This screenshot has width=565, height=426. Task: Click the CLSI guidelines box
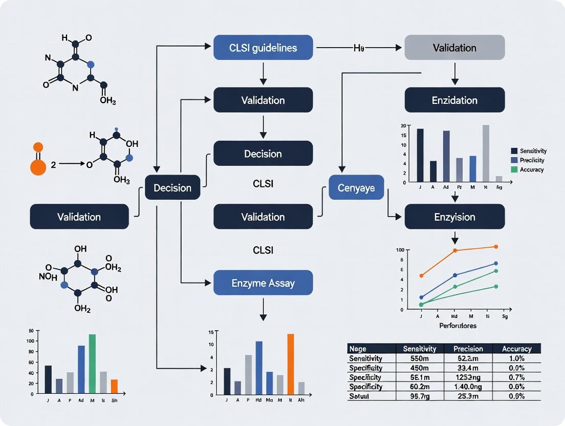click(263, 48)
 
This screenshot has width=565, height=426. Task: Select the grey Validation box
click(454, 48)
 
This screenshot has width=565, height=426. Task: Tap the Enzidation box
click(454, 100)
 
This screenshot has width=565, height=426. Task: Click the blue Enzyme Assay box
click(263, 283)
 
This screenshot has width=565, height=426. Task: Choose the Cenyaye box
click(356, 188)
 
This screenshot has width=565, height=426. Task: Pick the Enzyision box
click(454, 217)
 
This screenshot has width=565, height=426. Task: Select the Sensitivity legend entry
click(533, 151)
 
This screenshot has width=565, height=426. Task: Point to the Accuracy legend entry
click(531, 169)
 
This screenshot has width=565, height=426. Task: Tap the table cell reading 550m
click(420, 358)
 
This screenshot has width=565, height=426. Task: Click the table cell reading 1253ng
click(468, 377)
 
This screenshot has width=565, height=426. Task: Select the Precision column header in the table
click(468, 349)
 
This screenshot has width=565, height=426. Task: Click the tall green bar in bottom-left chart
click(92, 364)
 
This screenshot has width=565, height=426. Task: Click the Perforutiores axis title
click(458, 326)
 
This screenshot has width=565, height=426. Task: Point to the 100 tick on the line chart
click(400, 250)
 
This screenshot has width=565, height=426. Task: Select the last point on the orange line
click(495, 247)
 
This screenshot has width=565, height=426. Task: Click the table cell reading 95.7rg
click(420, 396)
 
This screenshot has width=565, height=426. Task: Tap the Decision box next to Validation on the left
click(172, 188)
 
